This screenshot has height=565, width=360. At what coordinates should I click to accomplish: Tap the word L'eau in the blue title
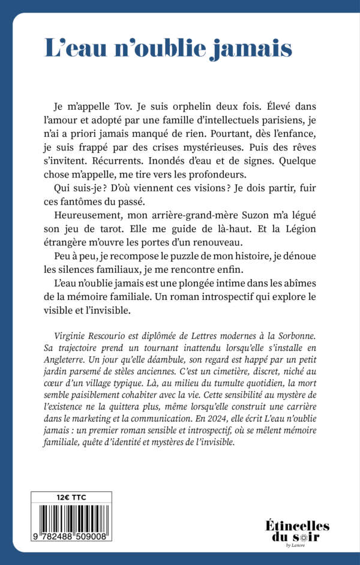(x=72, y=48)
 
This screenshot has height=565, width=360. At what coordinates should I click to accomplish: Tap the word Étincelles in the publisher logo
(x=297, y=526)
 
